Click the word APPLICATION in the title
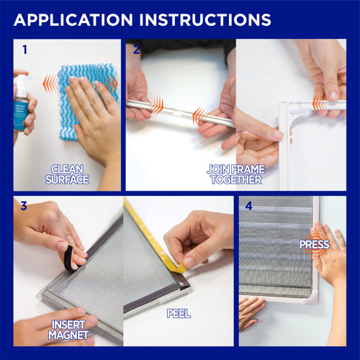click(x=73, y=19)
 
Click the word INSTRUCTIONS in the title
click(x=205, y=19)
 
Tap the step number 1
click(x=24, y=50)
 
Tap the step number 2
click(x=136, y=50)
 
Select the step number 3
click(x=24, y=206)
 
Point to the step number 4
click(x=249, y=206)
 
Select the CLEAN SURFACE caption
click(x=67, y=174)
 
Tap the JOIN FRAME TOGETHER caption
click(x=236, y=174)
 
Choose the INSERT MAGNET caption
click(x=68, y=330)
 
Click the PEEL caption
click(x=179, y=313)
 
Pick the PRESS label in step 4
click(x=315, y=244)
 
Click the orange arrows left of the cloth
click(x=50, y=84)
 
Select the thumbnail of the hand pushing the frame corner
click(x=291, y=114)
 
